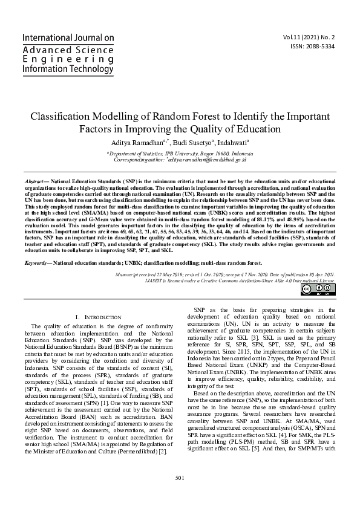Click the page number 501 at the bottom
[x=180, y=478]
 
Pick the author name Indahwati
[x=226, y=142]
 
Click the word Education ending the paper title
[x=261, y=129]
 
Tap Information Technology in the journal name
[x=67, y=69]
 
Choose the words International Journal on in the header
[x=68, y=38]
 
